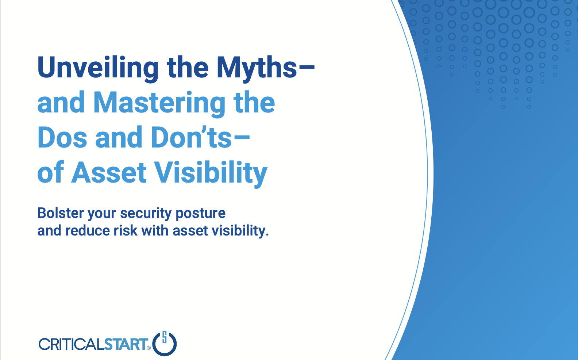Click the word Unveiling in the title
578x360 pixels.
coord(98,68)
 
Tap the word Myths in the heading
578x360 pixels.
coord(257,68)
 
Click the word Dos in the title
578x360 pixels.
coord(62,138)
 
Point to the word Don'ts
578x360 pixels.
coord(191,138)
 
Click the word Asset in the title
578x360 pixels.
coord(109,172)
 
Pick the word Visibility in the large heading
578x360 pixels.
coord(211,173)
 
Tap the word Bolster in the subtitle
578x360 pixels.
coord(61,213)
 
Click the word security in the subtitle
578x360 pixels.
coord(146,214)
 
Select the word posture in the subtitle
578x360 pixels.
coord(200,214)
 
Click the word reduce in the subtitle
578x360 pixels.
coord(88,230)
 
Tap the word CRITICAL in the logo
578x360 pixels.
coord(72,344)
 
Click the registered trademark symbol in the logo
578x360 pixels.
coord(149,348)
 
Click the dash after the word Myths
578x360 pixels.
coord(306,68)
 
